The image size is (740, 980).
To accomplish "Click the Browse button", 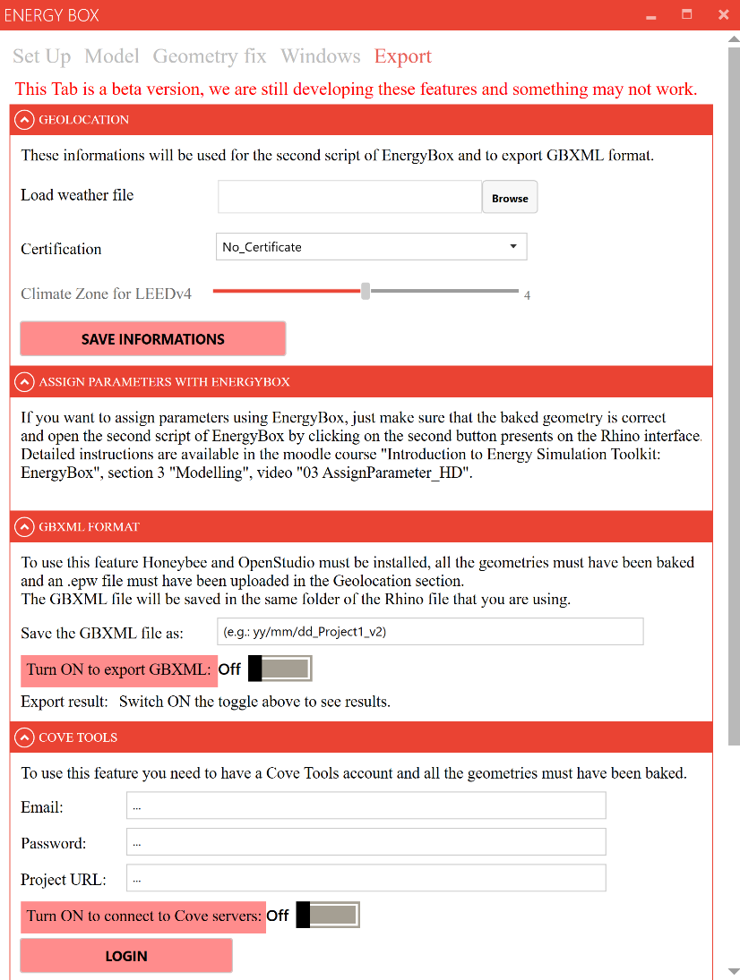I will coord(510,198).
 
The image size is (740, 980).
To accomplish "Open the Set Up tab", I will coord(41,56).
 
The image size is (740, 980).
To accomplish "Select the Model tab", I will coord(112,56).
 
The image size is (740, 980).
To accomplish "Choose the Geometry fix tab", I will coord(210,56).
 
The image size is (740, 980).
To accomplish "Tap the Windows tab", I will coord(320,56).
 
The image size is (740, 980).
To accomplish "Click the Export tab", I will coord(402,56).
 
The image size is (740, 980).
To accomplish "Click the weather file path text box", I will coord(349,197).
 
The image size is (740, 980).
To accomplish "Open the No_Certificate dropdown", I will coord(371,246).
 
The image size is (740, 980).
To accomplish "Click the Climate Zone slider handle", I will coord(366,291).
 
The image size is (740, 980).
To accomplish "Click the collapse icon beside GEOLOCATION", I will coord(25,120).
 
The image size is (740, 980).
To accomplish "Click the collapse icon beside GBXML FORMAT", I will coord(25,527).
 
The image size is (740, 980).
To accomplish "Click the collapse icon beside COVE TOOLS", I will coord(25,737).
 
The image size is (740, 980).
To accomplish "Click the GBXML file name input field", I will coord(430,631).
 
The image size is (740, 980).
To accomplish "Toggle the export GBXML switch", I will coord(280,669).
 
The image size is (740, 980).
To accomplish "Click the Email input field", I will coord(366,805).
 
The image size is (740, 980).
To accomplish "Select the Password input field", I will coord(366,842).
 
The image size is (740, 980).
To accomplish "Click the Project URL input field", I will coord(366,879).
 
